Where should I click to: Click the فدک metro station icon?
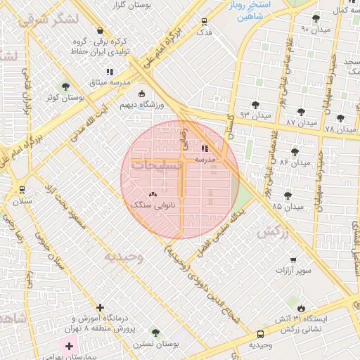coord(205,21)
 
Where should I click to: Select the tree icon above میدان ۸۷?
coord(301,112)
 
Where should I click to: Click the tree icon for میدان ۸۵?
coord(288,195)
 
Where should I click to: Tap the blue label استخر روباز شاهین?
coord(251,11)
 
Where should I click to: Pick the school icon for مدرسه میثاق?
coord(110,72)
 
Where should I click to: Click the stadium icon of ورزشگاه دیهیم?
coord(142,94)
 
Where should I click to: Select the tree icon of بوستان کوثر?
coord(66,87)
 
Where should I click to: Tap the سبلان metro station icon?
coord(22,190)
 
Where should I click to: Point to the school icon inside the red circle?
coord(205,148)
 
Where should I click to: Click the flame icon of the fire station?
coord(302,307)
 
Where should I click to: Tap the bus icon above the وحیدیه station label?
coord(261,335)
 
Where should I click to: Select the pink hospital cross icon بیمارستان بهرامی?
coord(69,346)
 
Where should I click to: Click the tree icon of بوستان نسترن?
coord(155,333)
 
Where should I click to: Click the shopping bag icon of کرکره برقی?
coord(101,31)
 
